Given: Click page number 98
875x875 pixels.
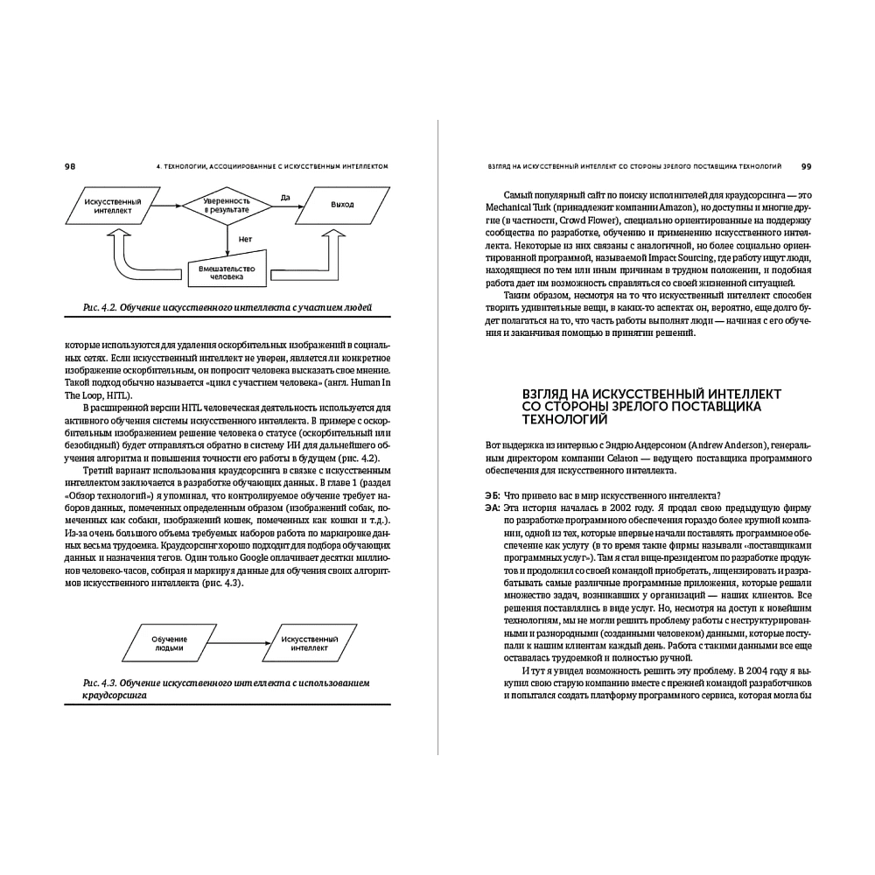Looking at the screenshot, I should pyautogui.click(x=70, y=165).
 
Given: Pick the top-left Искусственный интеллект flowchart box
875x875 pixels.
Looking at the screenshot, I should pyautogui.click(x=108, y=205).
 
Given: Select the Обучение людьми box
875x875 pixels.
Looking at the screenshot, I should pyautogui.click(x=175, y=646).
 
